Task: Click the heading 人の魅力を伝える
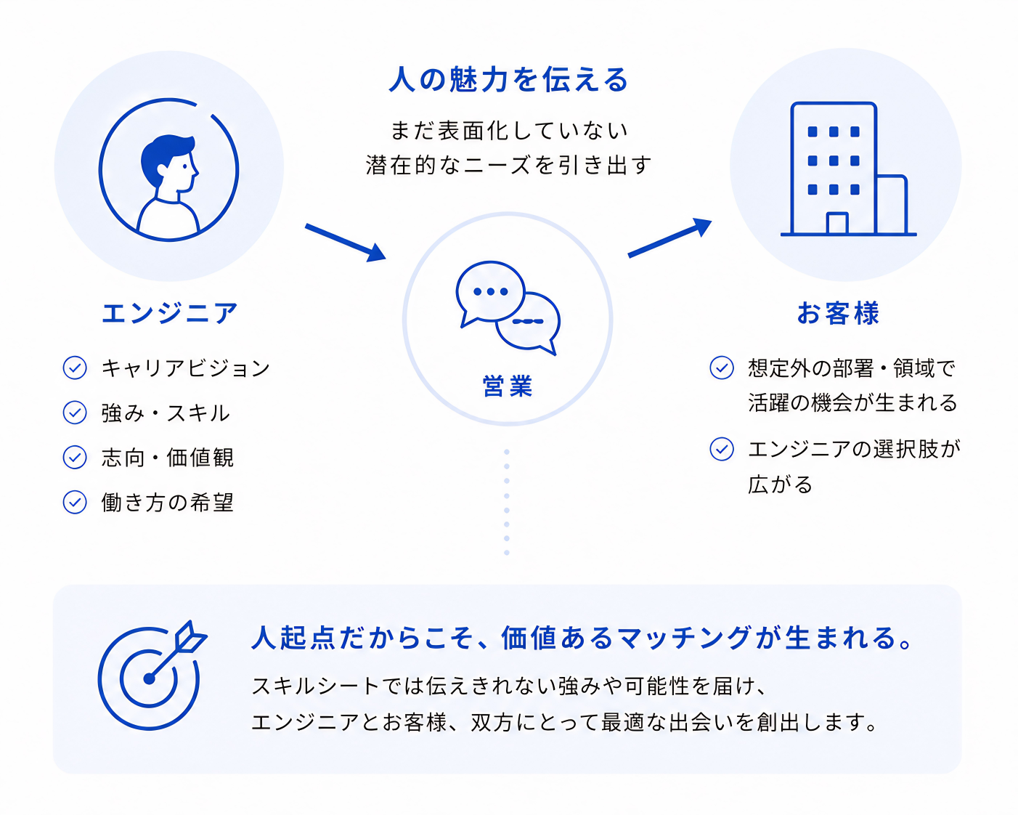pyautogui.click(x=508, y=79)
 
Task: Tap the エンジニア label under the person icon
pyautogui.click(x=169, y=313)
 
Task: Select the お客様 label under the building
pyautogui.click(x=838, y=313)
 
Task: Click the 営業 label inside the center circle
pyautogui.click(x=508, y=386)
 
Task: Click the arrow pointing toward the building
pyautogui.click(x=670, y=238)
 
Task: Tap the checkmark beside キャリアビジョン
pyautogui.click(x=75, y=368)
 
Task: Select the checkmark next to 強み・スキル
pyautogui.click(x=75, y=413)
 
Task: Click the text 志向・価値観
pyautogui.click(x=168, y=457)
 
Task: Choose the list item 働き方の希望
pyautogui.click(x=168, y=502)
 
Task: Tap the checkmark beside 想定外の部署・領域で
pyautogui.click(x=722, y=368)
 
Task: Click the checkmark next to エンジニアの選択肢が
pyautogui.click(x=722, y=449)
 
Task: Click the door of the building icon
pyautogui.click(x=836, y=223)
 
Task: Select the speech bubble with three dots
pyautogui.click(x=490, y=293)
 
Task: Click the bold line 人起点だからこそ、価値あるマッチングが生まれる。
pyautogui.click(x=581, y=638)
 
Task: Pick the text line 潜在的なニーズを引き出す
pyautogui.click(x=508, y=165)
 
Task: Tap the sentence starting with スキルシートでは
pyautogui.click(x=508, y=686)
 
